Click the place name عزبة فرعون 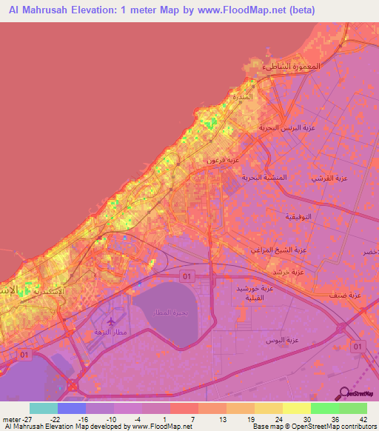(x=222, y=159)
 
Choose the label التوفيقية (x=302, y=216)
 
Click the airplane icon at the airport (x=111, y=322)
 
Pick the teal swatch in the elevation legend (x=44, y=408)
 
